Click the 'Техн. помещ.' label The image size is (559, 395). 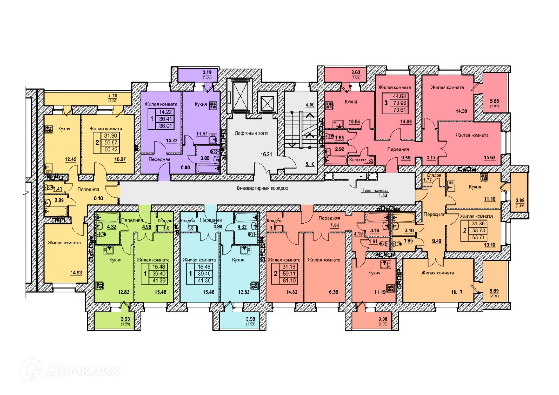pos(375,191)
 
